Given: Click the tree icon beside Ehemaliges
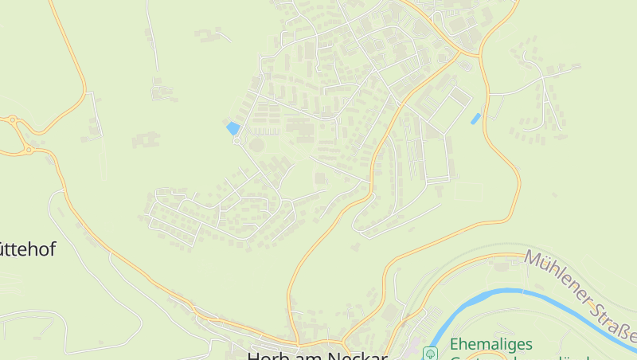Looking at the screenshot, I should coord(431,352).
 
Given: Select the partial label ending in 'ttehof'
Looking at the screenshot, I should coord(27,249).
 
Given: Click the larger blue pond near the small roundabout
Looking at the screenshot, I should coord(233,127).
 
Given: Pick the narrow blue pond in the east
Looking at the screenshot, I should coord(475,119).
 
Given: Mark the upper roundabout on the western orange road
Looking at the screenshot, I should coord(13,120).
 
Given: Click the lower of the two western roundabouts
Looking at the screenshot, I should coord(29,149).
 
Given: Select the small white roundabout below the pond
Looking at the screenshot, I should coord(236,141).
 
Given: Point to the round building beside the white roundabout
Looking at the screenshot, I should coord(256,145).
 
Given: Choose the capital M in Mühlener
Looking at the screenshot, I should coord(532,259).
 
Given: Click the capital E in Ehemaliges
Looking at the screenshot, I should coord(455,346).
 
